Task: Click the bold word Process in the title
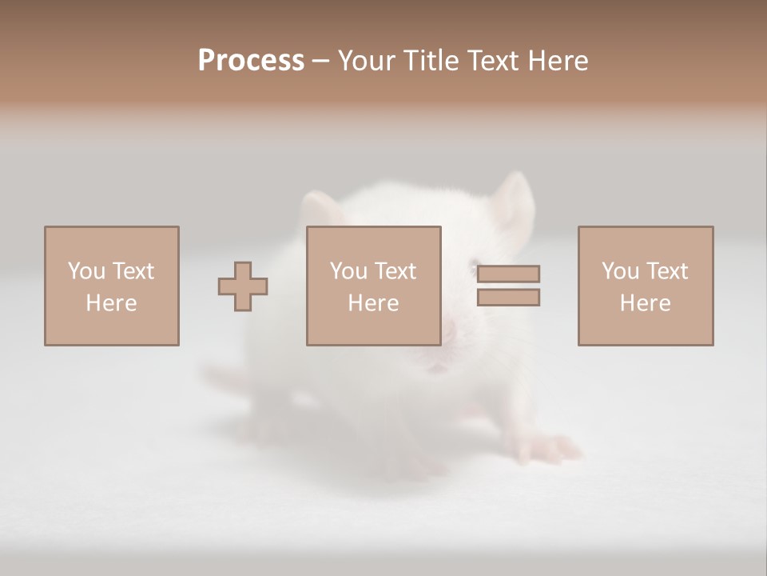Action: click(251, 61)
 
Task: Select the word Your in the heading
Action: click(368, 61)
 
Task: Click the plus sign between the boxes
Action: click(243, 286)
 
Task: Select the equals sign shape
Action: click(508, 286)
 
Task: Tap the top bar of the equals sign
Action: click(508, 274)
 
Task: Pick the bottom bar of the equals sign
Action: click(508, 298)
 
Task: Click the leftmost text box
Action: click(111, 286)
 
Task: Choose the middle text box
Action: click(373, 286)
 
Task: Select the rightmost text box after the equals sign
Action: click(645, 286)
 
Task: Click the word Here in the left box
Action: click(111, 303)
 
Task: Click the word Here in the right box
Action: click(645, 303)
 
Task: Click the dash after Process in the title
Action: click(321, 62)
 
